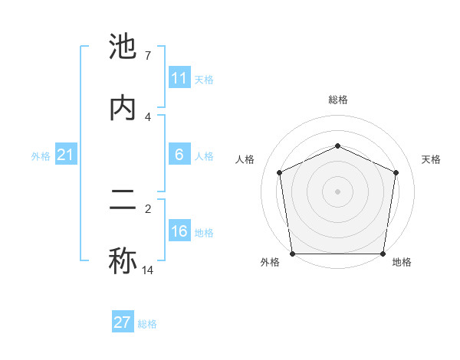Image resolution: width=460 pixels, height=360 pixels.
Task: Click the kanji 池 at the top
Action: (123, 47)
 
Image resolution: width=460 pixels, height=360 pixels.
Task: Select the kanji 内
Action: (123, 107)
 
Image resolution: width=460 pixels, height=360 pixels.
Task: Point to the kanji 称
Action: (123, 260)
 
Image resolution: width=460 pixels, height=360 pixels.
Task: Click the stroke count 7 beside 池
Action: (147, 56)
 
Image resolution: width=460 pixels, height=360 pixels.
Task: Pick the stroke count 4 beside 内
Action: (147, 116)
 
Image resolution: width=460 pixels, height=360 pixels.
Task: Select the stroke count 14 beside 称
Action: (147, 270)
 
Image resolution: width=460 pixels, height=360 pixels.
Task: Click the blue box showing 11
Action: (179, 78)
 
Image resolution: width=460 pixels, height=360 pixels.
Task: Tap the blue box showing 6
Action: (179, 155)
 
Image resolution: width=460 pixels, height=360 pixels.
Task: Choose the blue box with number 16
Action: (179, 231)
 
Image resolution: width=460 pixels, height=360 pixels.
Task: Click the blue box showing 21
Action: (66, 155)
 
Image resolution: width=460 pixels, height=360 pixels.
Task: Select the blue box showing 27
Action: (123, 322)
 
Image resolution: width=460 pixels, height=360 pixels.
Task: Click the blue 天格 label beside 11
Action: (204, 79)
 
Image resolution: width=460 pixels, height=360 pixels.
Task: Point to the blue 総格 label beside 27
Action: (147, 324)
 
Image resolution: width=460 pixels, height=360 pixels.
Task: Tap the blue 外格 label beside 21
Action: (41, 156)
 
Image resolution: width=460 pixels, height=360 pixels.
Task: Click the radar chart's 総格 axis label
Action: (337, 100)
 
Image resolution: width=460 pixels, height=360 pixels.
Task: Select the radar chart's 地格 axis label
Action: (402, 262)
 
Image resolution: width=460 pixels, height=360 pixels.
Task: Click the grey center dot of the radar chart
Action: (337, 191)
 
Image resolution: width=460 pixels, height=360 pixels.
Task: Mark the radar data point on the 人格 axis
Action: (280, 172)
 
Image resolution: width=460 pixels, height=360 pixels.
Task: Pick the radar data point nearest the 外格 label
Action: (293, 254)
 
